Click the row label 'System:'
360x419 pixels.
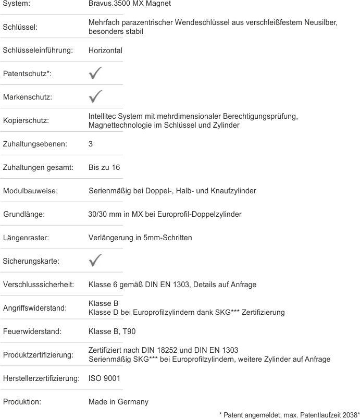coord(16,4)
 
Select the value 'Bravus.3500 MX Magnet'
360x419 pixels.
coord(130,4)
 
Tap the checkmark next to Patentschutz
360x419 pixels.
coord(95,73)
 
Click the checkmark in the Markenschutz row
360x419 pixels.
coord(95,97)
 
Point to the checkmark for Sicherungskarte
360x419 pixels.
coord(95,261)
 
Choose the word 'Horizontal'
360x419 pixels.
coord(105,51)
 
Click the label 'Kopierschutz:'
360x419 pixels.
coord(26,120)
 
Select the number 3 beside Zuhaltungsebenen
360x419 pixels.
coord(91,144)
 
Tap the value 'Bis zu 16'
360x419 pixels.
coord(104,167)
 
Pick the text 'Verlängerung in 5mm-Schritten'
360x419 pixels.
coord(140,238)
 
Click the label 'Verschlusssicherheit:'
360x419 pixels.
coord(38,285)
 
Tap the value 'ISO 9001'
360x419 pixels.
coord(104,378)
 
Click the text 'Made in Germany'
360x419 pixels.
coord(118,402)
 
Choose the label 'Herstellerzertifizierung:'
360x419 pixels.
coord(41,378)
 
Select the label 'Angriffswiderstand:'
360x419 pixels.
coord(35,307)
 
